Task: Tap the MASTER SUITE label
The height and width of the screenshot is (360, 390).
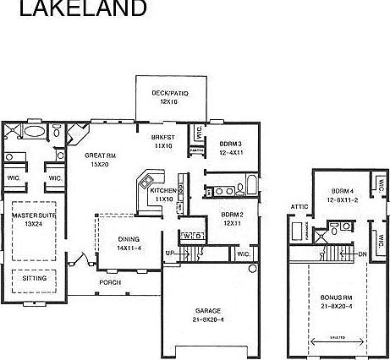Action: pyautogui.click(x=35, y=220)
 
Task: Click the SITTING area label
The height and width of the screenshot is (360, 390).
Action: pyautogui.click(x=35, y=278)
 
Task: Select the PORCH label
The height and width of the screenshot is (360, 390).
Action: pyautogui.click(x=110, y=281)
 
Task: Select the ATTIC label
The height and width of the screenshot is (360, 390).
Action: pyautogui.click(x=299, y=206)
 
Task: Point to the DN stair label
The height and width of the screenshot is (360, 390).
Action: pyautogui.click(x=362, y=254)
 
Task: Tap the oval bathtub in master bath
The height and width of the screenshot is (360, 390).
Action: pyautogui.click(x=35, y=132)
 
